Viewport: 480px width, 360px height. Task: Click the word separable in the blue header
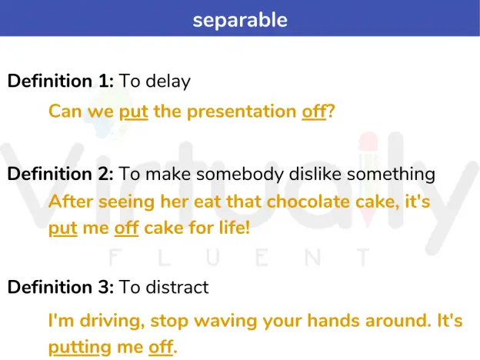click(240, 20)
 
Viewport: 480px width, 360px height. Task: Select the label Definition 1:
click(61, 81)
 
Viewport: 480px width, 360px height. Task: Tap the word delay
click(168, 82)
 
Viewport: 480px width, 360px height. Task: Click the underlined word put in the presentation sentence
click(134, 112)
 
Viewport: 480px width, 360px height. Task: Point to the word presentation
click(242, 112)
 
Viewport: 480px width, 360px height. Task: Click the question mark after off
click(331, 111)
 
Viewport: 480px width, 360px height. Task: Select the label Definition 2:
click(61, 174)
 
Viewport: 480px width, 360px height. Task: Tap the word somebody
click(240, 174)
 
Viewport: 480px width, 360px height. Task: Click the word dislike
click(315, 174)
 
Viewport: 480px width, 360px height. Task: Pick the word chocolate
click(308, 202)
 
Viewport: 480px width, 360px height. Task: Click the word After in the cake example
click(71, 202)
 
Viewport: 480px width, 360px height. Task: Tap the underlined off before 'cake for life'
click(126, 228)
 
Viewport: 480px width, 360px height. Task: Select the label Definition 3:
click(61, 287)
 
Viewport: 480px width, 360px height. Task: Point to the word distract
click(177, 287)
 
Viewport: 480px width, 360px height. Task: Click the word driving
click(112, 321)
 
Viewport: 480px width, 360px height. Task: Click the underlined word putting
click(79, 348)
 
